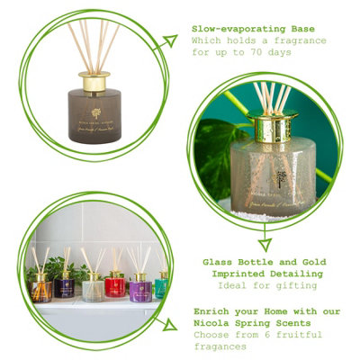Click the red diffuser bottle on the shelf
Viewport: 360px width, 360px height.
click(x=114, y=286)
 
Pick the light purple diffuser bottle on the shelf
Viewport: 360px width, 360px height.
click(x=139, y=289)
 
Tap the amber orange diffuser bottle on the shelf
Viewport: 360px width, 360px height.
click(x=40, y=287)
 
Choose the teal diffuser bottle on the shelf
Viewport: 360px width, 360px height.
click(x=161, y=286)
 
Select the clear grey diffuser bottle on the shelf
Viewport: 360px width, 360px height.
click(x=92, y=289)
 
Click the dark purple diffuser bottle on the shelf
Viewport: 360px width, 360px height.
click(x=64, y=286)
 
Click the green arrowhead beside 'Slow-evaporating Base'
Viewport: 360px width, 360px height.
click(x=169, y=40)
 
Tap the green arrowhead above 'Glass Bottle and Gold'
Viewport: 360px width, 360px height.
click(x=265, y=243)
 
